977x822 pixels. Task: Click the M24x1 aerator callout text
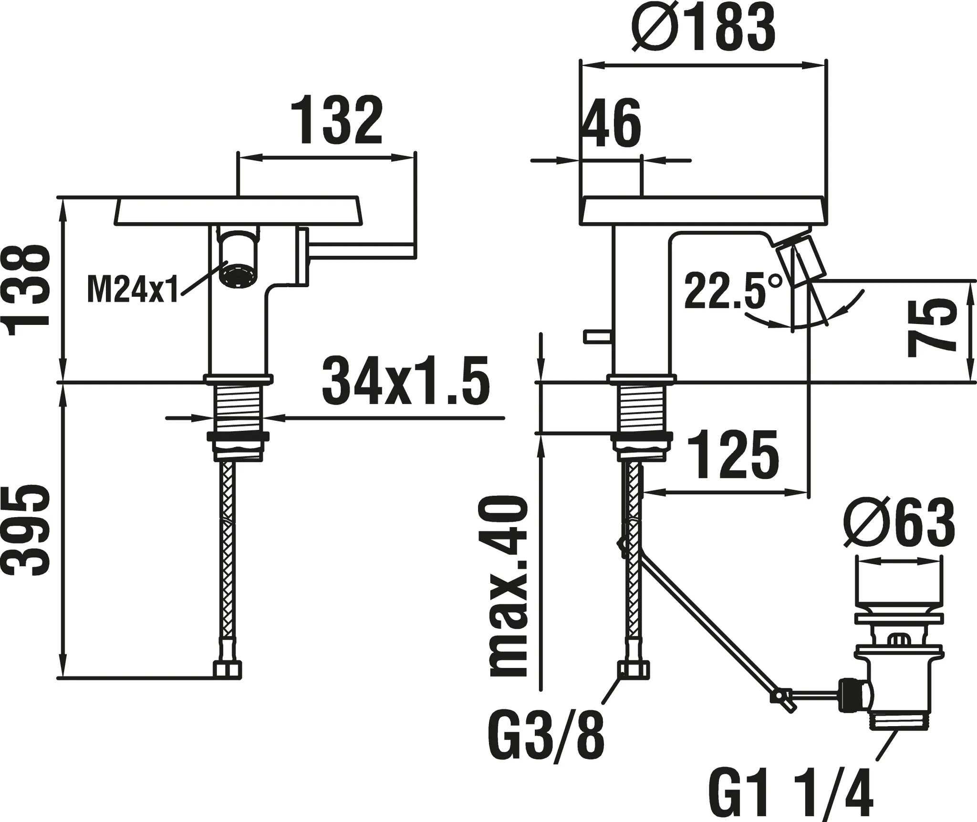(x=132, y=290)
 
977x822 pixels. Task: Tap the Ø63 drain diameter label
(x=899, y=523)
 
